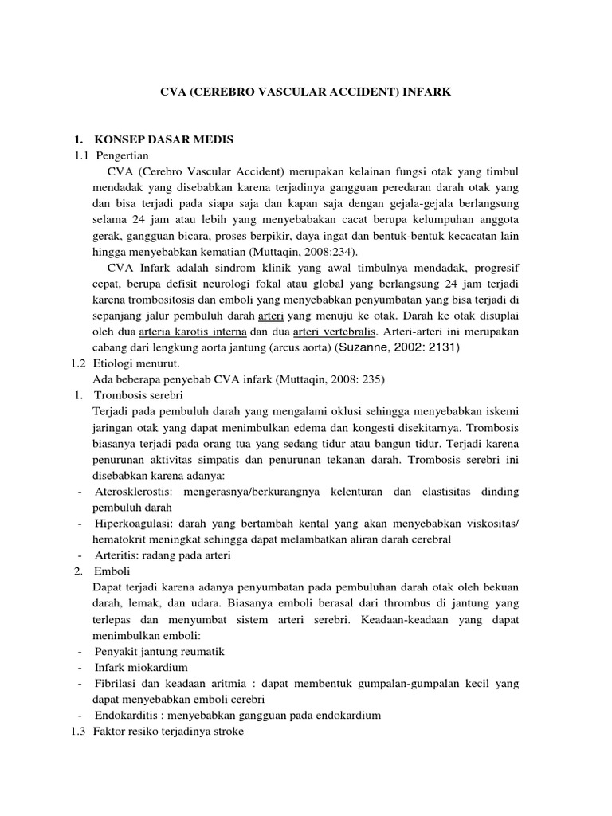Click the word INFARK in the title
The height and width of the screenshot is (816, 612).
pyautogui.click(x=429, y=92)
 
